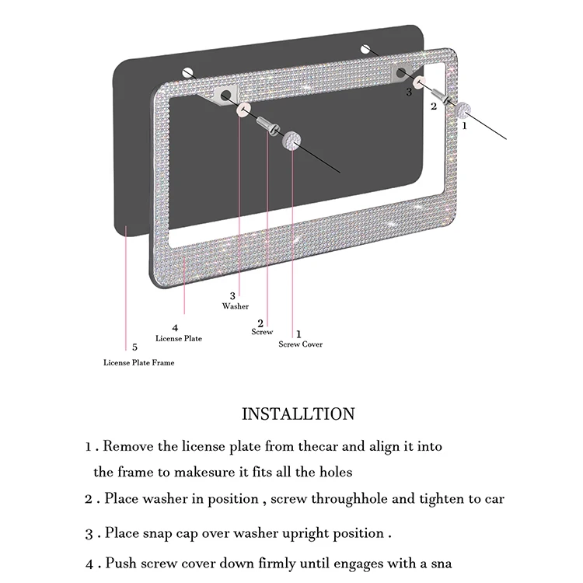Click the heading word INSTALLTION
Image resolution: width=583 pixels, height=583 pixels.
point(298,414)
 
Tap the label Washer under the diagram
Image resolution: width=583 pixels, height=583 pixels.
point(235,306)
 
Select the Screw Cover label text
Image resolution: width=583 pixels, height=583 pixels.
point(300,344)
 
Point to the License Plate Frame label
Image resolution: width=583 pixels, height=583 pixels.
point(139,362)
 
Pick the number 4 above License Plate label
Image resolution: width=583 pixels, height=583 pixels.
point(175,328)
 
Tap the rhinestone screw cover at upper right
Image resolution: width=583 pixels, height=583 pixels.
point(465,106)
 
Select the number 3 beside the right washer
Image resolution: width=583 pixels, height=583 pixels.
point(408,92)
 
